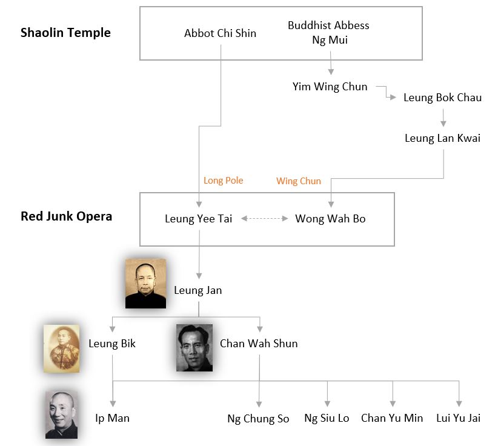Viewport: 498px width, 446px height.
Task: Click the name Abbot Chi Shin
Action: click(220, 33)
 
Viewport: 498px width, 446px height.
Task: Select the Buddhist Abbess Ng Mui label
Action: click(328, 33)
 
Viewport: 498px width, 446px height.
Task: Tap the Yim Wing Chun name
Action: click(330, 87)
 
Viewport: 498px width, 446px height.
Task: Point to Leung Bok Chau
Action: click(442, 98)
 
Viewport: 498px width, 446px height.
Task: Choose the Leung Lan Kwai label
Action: click(442, 138)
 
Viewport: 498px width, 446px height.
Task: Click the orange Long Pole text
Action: click(223, 181)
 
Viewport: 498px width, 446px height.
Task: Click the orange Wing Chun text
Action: click(299, 181)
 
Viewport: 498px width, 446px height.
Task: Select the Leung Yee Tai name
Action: click(198, 219)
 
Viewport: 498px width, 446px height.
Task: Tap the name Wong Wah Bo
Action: click(330, 219)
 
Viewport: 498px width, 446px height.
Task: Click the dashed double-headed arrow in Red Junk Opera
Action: click(264, 219)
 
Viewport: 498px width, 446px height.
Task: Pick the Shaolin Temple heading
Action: click(65, 33)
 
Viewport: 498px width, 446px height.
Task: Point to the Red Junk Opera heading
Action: click(66, 216)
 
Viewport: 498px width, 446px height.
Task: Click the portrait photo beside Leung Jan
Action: click(145, 283)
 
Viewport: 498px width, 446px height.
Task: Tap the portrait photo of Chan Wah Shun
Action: click(194, 347)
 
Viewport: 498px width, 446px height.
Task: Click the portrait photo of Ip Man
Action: click(62, 414)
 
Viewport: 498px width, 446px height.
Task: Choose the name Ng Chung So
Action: click(258, 419)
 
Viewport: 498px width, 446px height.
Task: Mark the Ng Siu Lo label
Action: click(327, 418)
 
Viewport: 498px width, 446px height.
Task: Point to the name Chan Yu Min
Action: click(392, 418)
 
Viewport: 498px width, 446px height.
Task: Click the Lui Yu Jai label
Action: click(458, 418)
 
